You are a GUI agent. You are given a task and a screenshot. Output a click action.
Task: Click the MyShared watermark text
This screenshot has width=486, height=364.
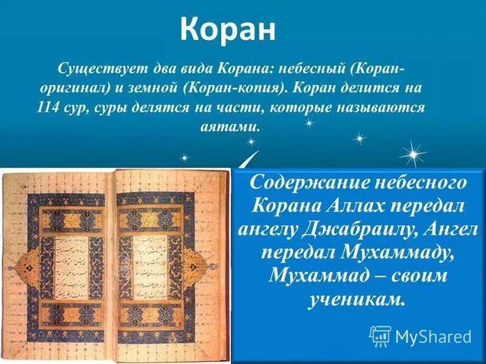pyautogui.click(x=433, y=336)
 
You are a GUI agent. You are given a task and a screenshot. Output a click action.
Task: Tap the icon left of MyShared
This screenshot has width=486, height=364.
pyautogui.click(x=380, y=335)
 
